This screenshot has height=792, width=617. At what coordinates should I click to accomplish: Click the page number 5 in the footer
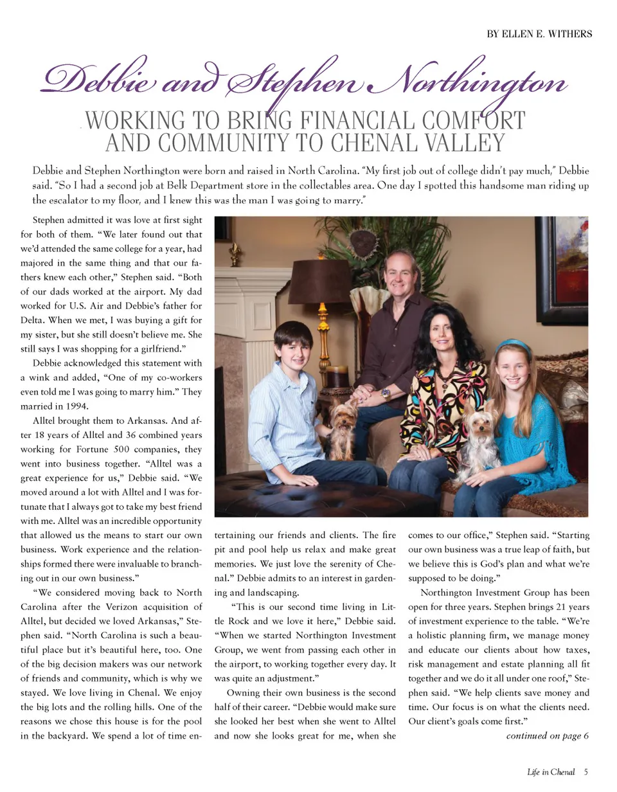pyautogui.click(x=587, y=771)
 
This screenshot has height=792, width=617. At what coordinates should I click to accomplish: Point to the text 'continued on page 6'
pyautogui.click(x=548, y=735)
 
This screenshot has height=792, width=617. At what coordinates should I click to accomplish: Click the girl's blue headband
pyautogui.click(x=512, y=345)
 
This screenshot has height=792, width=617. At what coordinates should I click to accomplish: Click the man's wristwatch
pyautogui.click(x=385, y=392)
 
